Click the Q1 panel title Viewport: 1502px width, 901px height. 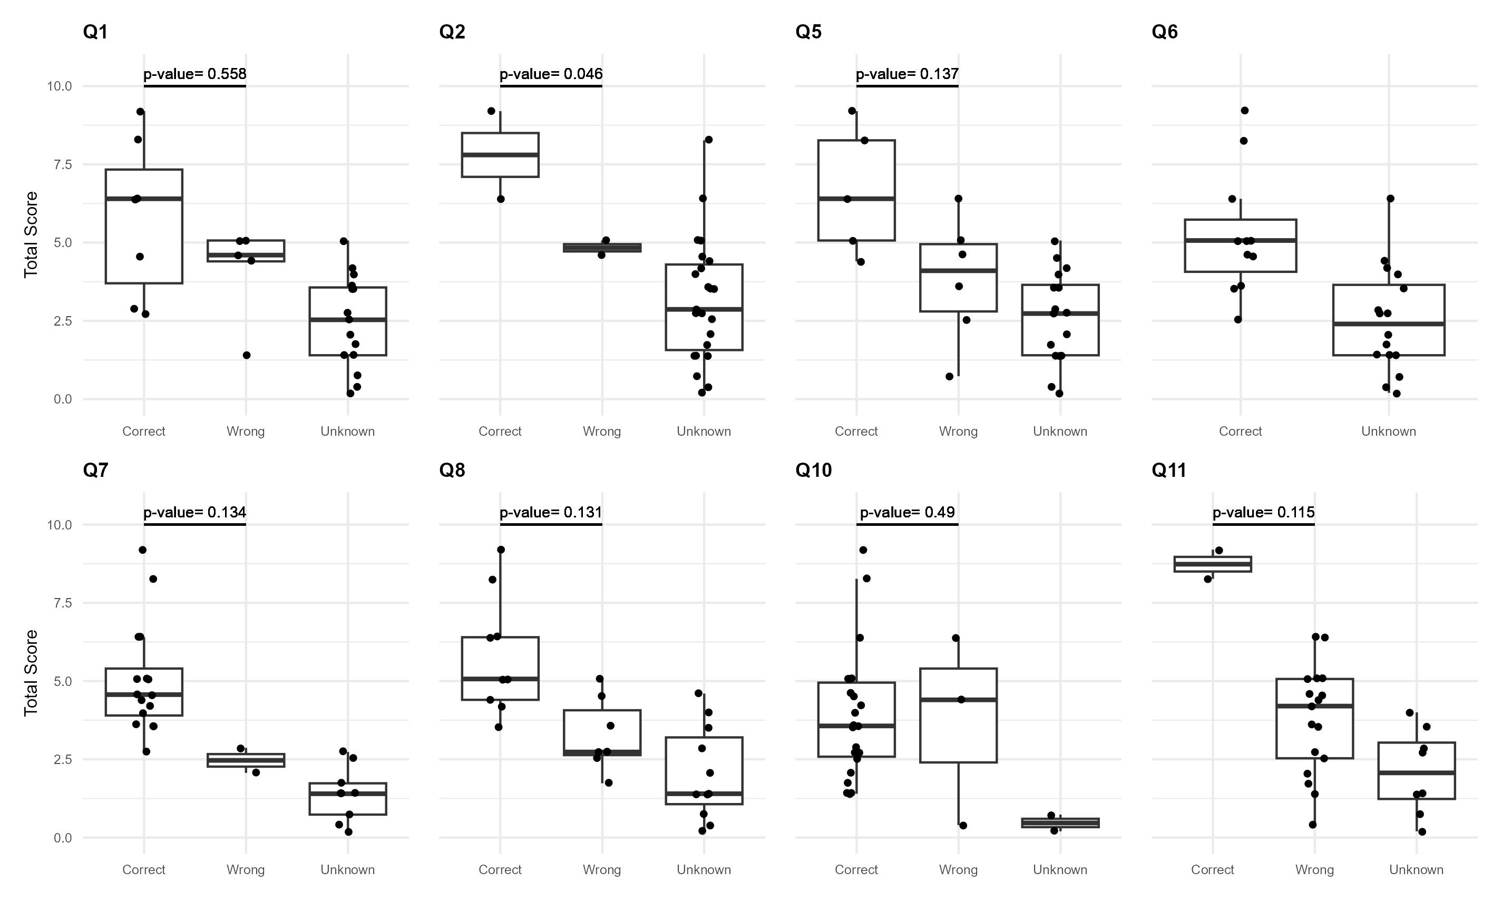[x=95, y=32]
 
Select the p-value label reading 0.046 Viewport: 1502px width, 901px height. [x=551, y=74]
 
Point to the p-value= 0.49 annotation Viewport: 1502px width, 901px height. [x=907, y=513]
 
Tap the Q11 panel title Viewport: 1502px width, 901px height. [x=1169, y=470]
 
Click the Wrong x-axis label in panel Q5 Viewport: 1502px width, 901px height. [x=958, y=431]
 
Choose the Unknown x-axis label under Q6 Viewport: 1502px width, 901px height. [x=1389, y=431]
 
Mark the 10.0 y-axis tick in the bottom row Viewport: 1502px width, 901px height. [x=60, y=525]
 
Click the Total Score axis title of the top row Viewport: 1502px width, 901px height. [x=31, y=234]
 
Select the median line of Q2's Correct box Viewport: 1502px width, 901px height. [x=500, y=155]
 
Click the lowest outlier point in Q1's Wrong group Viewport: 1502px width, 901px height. [x=247, y=355]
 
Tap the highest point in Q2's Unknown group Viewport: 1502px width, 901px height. [x=708, y=140]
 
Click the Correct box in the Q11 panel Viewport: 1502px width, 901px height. [x=1213, y=564]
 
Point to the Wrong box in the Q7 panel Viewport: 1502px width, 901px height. [x=246, y=760]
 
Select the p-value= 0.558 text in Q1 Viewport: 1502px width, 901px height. [x=195, y=74]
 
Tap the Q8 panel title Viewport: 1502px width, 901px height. [x=452, y=470]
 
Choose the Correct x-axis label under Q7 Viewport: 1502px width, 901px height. [x=144, y=869]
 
